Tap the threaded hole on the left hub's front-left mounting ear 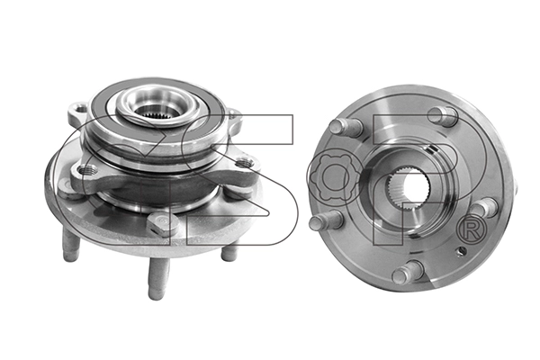point(85,169)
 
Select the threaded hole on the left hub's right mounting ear point(244,162)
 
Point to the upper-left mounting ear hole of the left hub point(81,110)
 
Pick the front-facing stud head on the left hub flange point(163,223)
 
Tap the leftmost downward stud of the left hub point(70,245)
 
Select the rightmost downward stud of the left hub point(229,252)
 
